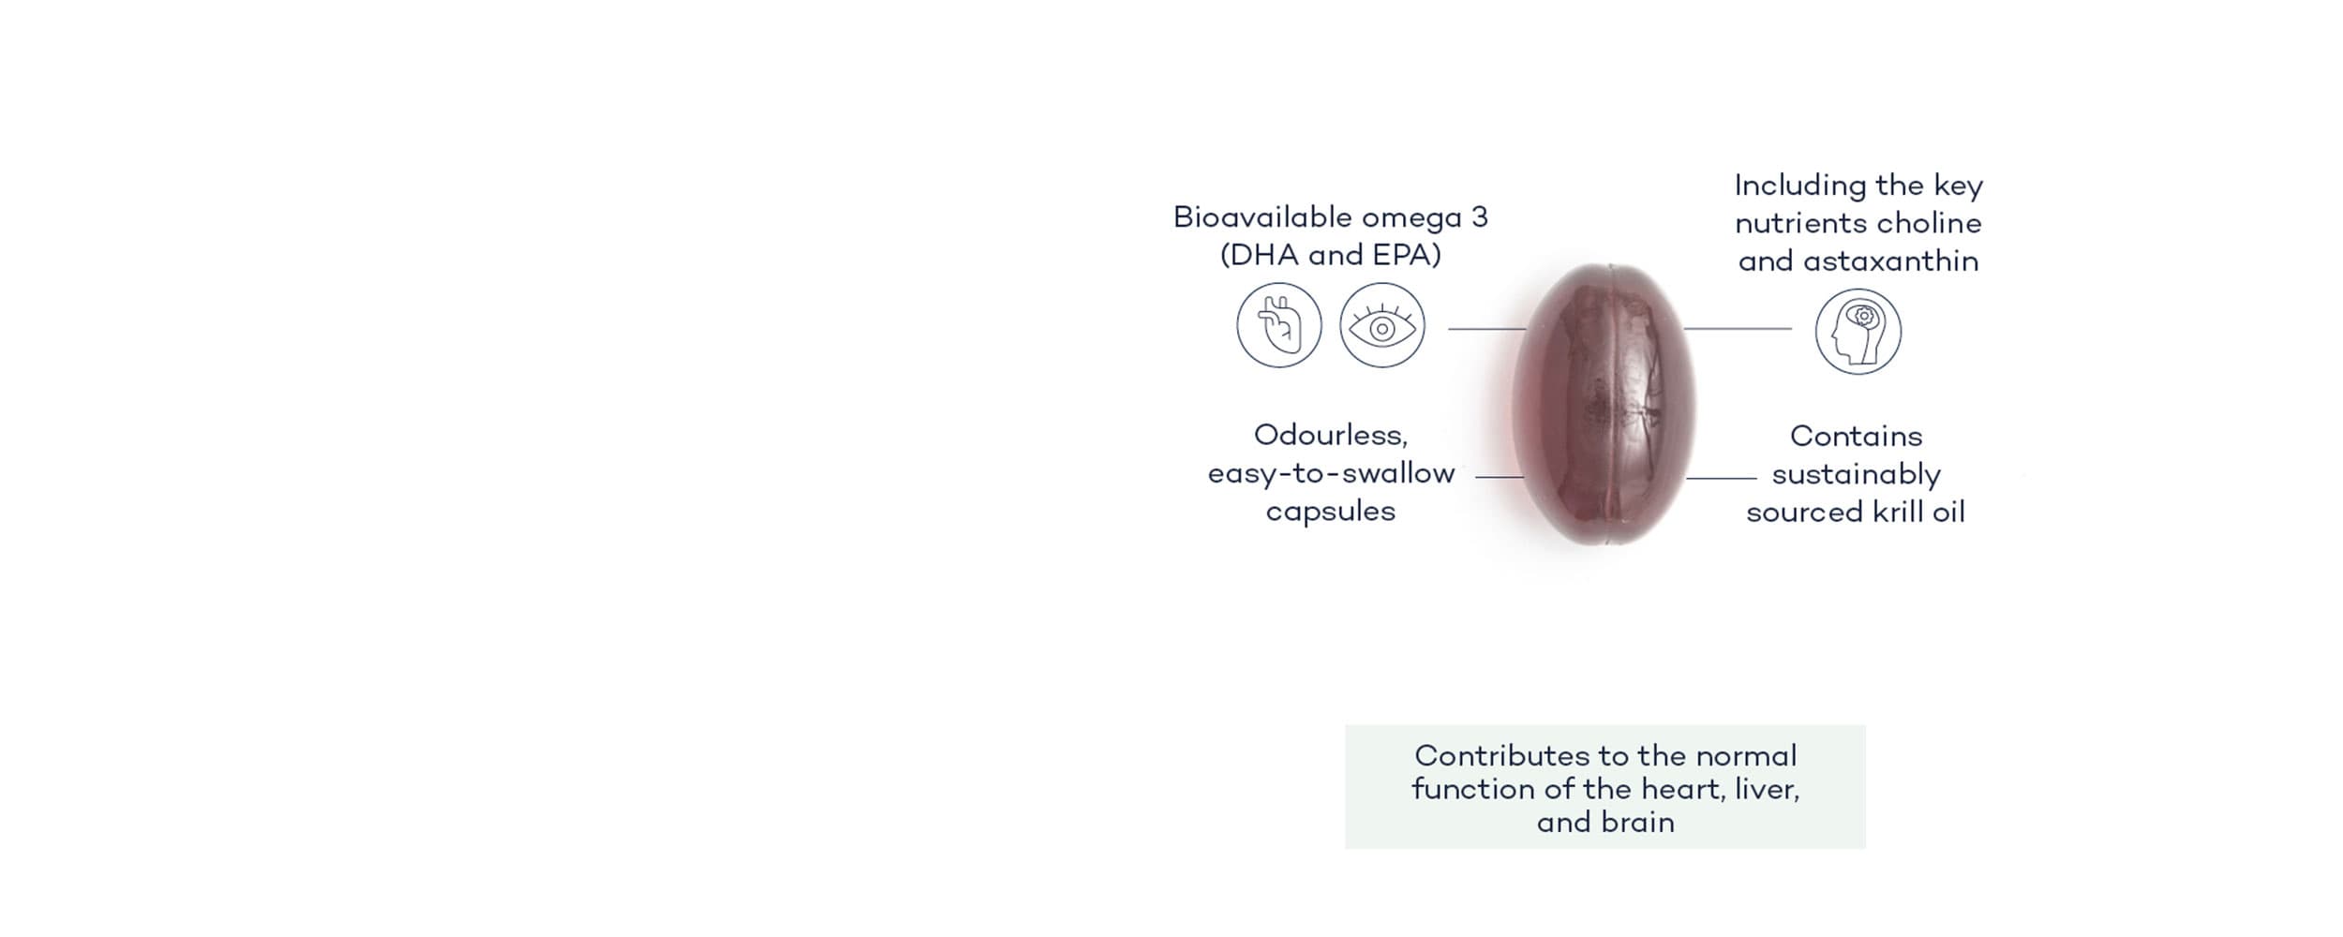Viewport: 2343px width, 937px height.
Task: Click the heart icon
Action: coord(1278,325)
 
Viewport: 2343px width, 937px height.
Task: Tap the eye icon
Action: coord(1381,325)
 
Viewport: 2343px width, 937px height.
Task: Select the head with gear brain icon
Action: coord(1858,332)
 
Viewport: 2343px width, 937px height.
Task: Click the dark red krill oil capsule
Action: coord(1604,405)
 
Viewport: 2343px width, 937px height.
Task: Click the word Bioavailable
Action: coord(1262,217)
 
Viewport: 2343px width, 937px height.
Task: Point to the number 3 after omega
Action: coord(1479,217)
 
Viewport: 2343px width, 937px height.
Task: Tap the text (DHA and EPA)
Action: coord(1330,255)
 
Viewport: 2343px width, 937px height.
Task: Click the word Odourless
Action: coord(1331,436)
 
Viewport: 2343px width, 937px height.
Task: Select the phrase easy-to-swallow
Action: coord(1331,474)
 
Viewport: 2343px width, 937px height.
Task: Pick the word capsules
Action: coord(1331,513)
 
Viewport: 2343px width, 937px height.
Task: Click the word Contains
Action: coord(1856,437)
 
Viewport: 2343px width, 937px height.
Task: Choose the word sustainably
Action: coord(1856,475)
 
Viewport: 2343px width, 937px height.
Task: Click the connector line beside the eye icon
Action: coord(1487,329)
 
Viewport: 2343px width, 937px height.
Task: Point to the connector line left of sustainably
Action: coord(1721,479)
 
